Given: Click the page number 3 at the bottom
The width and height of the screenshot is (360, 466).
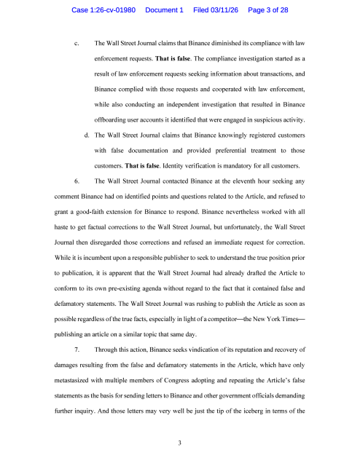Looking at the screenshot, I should [179, 442].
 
